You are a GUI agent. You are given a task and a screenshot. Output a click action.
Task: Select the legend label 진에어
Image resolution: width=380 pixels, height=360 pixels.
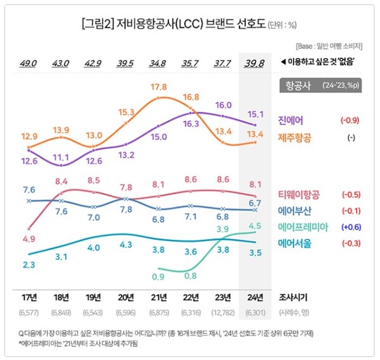click(291, 120)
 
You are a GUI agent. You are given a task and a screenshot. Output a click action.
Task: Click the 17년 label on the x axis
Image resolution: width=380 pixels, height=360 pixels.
click(29, 297)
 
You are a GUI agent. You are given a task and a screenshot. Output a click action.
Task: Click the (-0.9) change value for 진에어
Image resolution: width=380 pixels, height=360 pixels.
click(350, 120)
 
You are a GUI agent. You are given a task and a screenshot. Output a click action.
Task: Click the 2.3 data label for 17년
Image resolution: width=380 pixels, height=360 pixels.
click(29, 265)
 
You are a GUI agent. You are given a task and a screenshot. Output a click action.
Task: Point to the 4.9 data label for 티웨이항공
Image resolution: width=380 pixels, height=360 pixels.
click(29, 239)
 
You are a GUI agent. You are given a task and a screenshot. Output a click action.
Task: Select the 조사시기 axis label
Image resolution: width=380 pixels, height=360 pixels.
click(295, 297)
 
